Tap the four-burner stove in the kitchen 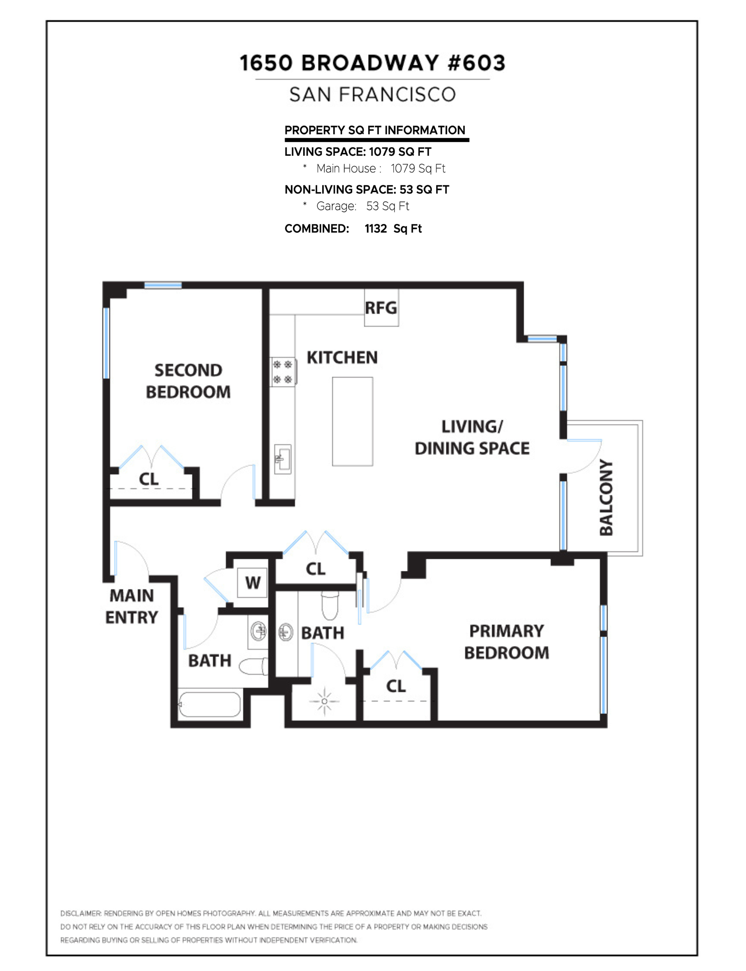(x=283, y=372)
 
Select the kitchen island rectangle (x=353, y=421)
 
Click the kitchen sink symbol (x=282, y=459)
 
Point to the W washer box (x=252, y=583)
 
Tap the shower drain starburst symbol (x=324, y=701)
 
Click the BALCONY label (x=606, y=497)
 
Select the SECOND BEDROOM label (x=188, y=381)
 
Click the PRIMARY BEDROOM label (x=507, y=642)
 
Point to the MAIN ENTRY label (x=131, y=606)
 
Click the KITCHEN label (x=342, y=358)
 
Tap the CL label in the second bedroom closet (x=149, y=479)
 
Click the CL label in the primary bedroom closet (x=396, y=686)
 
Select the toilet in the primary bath (x=330, y=605)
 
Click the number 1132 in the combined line (x=376, y=228)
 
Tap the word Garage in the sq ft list (x=336, y=206)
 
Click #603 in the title (x=477, y=63)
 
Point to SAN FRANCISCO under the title (x=372, y=94)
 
